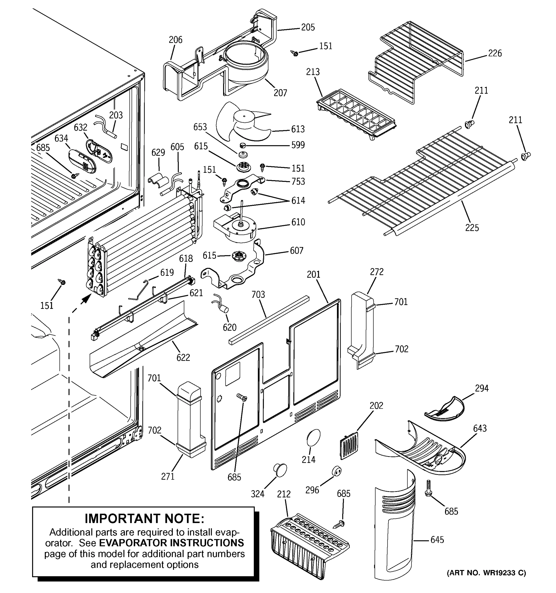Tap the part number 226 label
point(495,53)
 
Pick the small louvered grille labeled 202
point(349,445)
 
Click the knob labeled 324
point(280,470)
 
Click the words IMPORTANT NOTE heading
point(144,518)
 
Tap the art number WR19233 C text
point(486,573)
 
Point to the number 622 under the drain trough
point(183,357)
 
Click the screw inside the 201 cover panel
point(242,397)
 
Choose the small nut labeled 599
point(242,145)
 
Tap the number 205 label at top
point(308,27)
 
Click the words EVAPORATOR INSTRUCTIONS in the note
point(171,543)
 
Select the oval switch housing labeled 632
point(99,151)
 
